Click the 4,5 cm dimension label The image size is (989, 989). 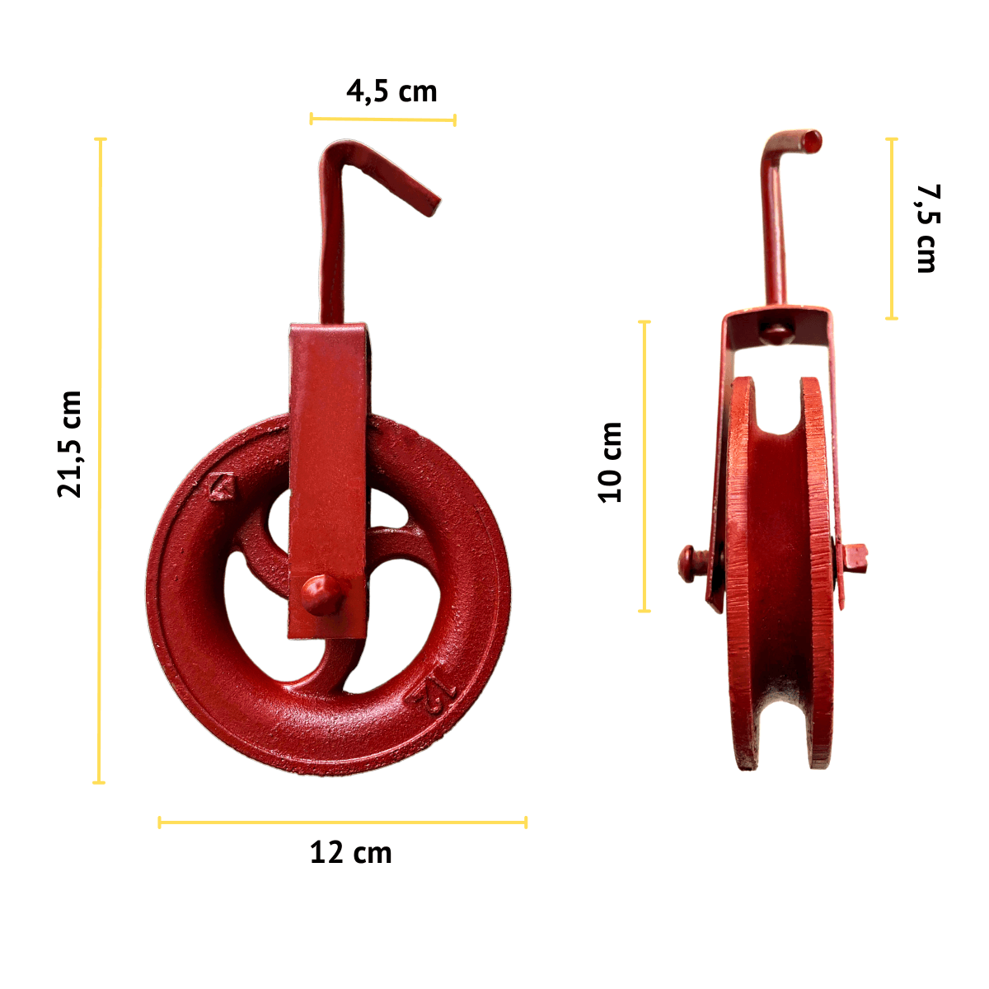[391, 92]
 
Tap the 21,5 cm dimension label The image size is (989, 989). [70, 444]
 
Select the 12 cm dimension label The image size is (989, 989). [350, 853]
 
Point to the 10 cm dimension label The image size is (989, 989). [610, 462]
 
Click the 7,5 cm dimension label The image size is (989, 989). [928, 228]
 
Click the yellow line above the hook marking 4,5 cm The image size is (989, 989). [383, 120]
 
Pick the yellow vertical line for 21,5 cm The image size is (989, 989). [100, 461]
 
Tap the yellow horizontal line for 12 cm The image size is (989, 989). [343, 823]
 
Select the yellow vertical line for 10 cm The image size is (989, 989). [644, 466]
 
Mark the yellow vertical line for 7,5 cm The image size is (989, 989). [892, 228]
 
